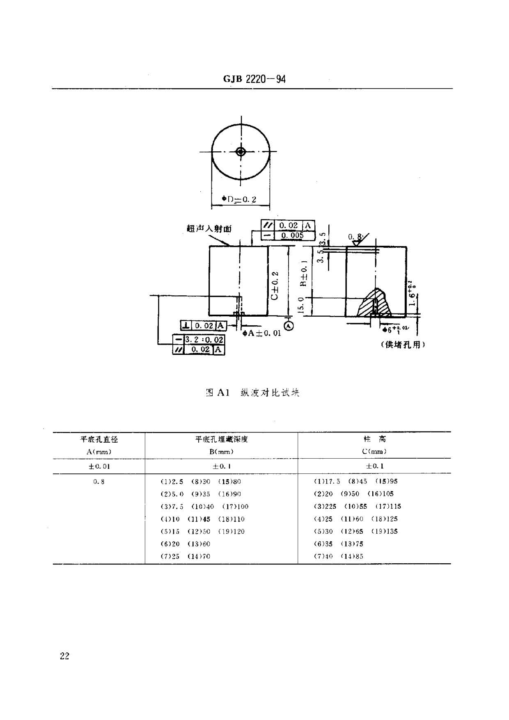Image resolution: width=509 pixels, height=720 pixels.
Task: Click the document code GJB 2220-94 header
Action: click(254, 79)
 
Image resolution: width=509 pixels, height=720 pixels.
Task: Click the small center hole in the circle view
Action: click(241, 152)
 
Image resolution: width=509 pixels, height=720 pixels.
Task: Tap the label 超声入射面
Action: click(209, 229)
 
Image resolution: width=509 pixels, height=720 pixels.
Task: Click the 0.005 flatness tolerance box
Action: click(292, 235)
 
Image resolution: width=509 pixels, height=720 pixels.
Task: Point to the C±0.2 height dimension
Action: click(275, 285)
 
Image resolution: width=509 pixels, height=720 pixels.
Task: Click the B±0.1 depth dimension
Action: click(304, 273)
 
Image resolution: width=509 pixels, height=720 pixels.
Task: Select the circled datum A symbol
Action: click(289, 326)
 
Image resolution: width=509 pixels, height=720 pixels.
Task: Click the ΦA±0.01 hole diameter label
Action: click(262, 333)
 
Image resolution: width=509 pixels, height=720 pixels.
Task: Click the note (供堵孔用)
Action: click(403, 345)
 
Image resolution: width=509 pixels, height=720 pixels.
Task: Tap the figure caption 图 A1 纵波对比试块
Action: click(252, 393)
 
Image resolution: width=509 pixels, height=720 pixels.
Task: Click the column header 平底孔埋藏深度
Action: click(221, 439)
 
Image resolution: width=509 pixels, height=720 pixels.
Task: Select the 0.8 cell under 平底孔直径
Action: click(99, 482)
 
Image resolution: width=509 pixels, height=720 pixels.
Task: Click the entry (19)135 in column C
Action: click(384, 531)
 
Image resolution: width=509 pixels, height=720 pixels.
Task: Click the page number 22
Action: click(65, 656)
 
